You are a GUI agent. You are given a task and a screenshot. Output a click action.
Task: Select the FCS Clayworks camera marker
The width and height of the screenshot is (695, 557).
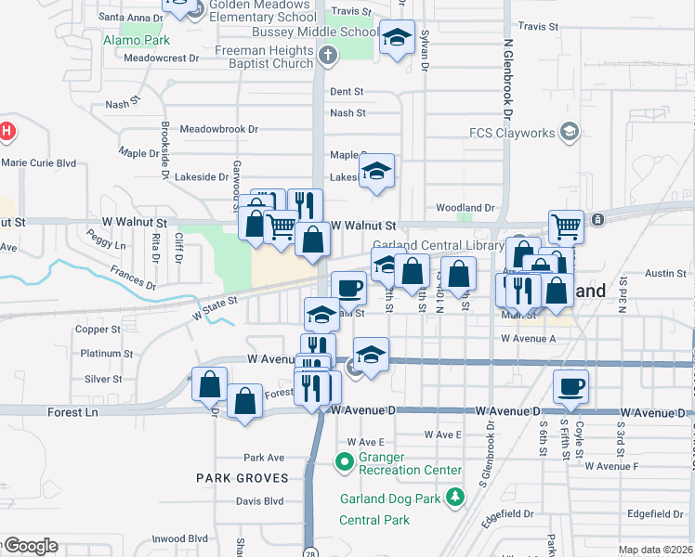tap(570, 132)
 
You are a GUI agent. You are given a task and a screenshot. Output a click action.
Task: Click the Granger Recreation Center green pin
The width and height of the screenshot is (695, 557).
tap(344, 460)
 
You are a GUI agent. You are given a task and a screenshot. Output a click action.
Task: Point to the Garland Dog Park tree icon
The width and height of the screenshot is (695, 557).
tap(454, 497)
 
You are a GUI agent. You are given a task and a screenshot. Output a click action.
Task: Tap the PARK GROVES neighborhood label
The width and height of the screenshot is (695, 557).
tap(239, 477)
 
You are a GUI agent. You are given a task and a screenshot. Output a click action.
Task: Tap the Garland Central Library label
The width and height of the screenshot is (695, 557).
tap(439, 245)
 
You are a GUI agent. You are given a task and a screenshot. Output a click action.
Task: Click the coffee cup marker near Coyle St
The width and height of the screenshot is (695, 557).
tap(570, 385)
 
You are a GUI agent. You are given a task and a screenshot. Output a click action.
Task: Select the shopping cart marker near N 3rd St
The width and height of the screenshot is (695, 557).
tap(566, 225)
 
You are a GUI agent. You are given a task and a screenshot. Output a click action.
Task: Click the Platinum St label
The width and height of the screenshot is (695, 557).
tap(107, 354)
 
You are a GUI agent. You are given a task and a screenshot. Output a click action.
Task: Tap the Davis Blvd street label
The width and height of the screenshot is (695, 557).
tap(259, 501)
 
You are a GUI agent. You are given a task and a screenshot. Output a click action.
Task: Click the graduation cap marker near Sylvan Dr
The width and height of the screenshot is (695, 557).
tap(397, 38)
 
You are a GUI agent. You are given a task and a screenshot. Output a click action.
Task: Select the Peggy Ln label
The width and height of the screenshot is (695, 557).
tap(106, 245)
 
